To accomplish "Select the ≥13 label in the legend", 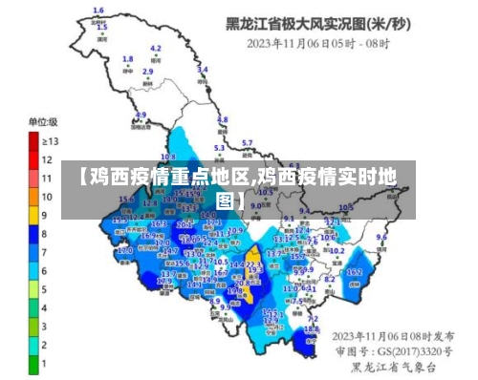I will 49,140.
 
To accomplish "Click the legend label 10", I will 46,197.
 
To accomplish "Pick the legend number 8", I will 44,233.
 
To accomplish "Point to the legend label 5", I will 44,288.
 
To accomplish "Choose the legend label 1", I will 44,363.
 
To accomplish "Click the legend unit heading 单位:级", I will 42,122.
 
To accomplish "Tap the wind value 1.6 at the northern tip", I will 98,11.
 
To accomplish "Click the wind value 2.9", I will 148,71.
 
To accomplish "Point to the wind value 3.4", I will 203,69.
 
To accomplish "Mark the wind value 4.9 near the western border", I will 141,115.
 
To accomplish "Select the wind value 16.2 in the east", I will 355,271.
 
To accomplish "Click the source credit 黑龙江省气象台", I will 393,366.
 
